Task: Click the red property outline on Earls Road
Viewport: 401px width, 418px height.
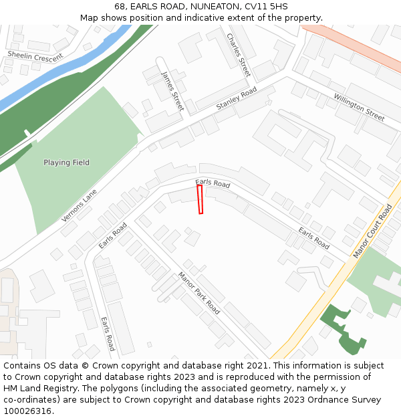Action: (x=200, y=199)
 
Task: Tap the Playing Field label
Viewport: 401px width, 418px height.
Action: (x=66, y=163)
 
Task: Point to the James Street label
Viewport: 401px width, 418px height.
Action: (x=172, y=91)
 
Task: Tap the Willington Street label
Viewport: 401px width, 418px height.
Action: (x=359, y=107)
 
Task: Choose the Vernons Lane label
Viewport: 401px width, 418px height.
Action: (x=79, y=205)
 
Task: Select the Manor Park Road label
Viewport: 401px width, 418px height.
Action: (x=198, y=293)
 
